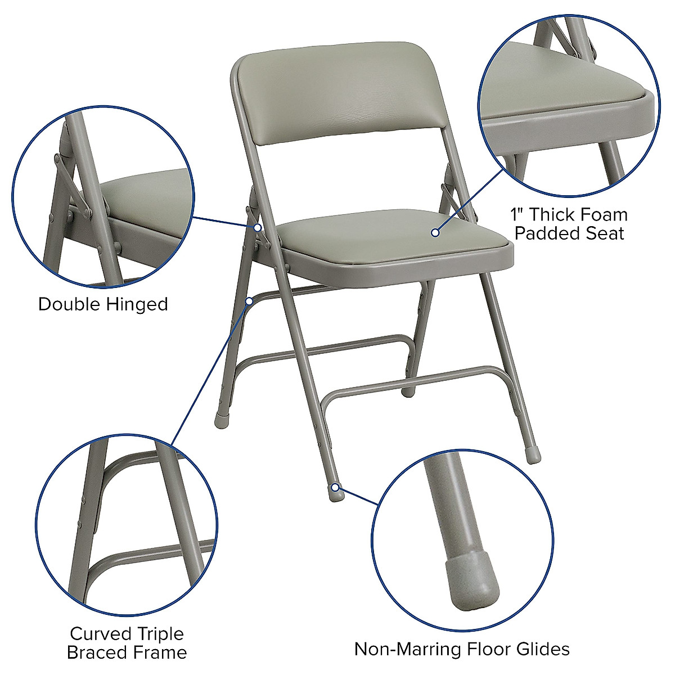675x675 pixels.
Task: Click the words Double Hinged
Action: pyautogui.click(x=103, y=304)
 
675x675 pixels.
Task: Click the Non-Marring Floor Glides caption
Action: pyautogui.click(x=462, y=649)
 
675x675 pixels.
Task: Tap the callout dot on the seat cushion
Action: pyautogui.click(x=435, y=232)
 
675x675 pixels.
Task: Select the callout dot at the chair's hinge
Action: pyautogui.click(x=257, y=228)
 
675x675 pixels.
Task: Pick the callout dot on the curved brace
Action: pyautogui.click(x=249, y=301)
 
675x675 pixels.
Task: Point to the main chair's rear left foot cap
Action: pyautogui.click(x=220, y=420)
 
